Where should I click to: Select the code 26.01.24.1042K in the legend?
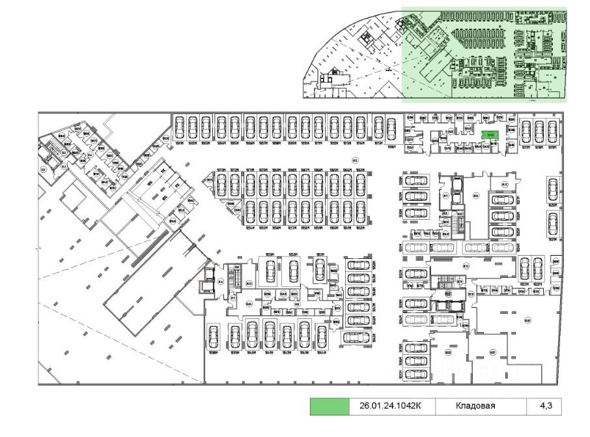point(386,406)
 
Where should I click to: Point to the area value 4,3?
point(546,406)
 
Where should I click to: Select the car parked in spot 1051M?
point(319,267)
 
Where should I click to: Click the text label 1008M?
point(277,143)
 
